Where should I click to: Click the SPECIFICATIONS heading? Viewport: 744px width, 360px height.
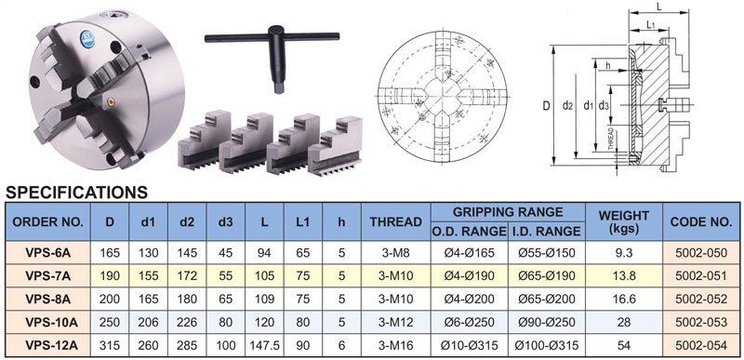click(x=76, y=193)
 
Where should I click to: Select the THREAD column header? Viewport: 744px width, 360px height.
click(x=396, y=221)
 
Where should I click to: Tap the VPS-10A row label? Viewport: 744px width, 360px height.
click(x=48, y=323)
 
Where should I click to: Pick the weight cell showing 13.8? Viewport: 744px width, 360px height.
click(x=623, y=275)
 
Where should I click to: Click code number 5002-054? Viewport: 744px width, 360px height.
click(x=701, y=345)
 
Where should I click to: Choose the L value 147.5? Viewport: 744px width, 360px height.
click(x=264, y=345)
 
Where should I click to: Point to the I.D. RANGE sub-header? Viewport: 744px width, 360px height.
click(x=546, y=231)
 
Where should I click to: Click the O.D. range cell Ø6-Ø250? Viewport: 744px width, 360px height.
click(x=470, y=323)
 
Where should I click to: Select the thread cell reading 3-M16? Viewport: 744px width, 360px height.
click(x=396, y=345)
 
